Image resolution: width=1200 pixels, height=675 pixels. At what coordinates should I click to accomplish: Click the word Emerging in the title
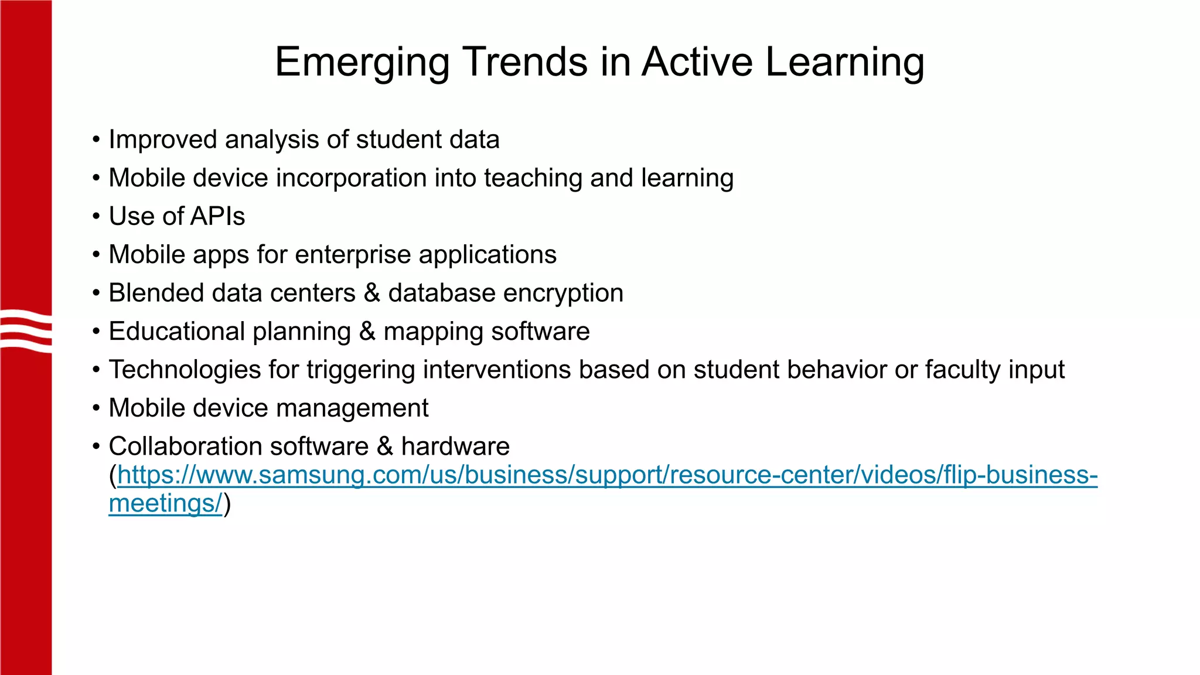(362, 63)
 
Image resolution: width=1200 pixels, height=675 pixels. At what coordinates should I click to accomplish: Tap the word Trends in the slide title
(526, 62)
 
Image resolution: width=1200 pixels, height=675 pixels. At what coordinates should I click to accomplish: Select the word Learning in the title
(845, 63)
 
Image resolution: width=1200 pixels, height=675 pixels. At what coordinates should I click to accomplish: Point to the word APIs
(217, 216)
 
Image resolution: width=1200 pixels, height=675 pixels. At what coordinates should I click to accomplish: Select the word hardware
(455, 446)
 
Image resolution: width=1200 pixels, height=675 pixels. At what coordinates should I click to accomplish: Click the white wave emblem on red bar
(26, 331)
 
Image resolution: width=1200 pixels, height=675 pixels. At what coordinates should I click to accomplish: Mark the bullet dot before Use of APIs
(96, 217)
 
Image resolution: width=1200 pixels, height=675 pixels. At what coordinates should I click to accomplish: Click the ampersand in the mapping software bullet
(367, 332)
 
